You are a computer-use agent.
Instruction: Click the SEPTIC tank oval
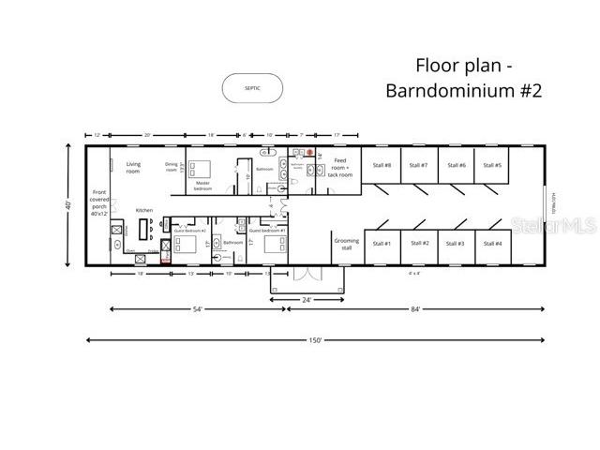point(252,88)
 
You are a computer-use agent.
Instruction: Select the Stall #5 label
point(492,165)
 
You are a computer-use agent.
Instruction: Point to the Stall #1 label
point(381,244)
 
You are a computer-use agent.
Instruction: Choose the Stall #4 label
point(492,244)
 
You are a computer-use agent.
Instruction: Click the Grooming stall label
point(346,244)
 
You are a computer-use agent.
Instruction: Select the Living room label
point(133,168)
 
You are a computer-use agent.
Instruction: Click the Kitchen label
point(143,210)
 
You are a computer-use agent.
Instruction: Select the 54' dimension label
point(198,308)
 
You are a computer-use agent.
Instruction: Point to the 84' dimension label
point(413,308)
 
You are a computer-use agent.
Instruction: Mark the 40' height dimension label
point(68,204)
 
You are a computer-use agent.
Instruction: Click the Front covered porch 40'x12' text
point(99,202)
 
